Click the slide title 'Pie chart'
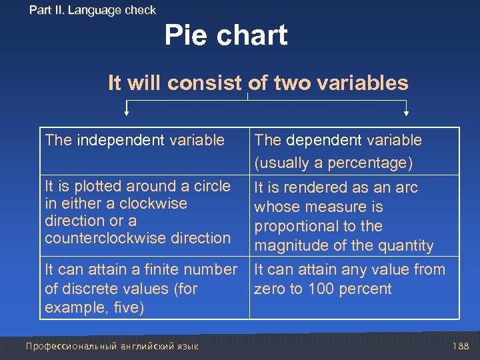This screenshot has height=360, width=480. [226, 35]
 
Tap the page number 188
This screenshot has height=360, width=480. [460, 346]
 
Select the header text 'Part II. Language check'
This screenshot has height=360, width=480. [93, 10]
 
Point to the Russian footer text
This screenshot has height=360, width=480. [111, 346]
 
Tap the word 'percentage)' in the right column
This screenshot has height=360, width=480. [379, 163]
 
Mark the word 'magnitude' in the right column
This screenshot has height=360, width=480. [287, 246]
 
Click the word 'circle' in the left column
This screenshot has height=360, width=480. [210, 186]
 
